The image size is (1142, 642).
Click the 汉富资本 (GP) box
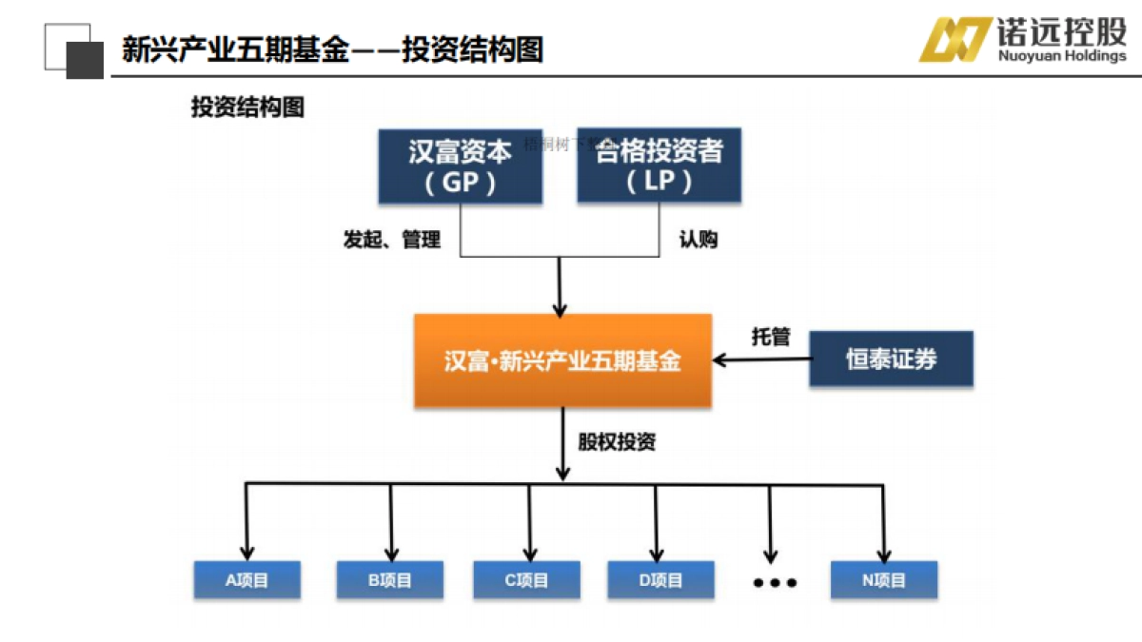point(460,165)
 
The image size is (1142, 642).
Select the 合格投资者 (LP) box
point(659,165)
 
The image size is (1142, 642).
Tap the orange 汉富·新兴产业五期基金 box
point(562,360)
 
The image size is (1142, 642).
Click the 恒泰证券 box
point(891,359)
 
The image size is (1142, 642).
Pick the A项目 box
point(246,580)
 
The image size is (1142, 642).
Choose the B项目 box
point(389,580)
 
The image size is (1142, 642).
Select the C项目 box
point(526,580)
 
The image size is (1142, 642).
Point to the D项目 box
point(660,580)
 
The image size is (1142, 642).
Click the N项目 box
point(883,580)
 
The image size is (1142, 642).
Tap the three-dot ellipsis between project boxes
point(775,582)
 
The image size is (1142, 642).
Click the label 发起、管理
point(391,240)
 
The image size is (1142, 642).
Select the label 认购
point(698,240)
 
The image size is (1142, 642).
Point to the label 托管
point(771,336)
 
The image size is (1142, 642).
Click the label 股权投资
point(617,441)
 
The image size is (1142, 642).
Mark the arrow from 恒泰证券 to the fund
point(761,360)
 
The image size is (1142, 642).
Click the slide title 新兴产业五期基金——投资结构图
point(332,49)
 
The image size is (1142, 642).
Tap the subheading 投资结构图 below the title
point(247,107)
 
